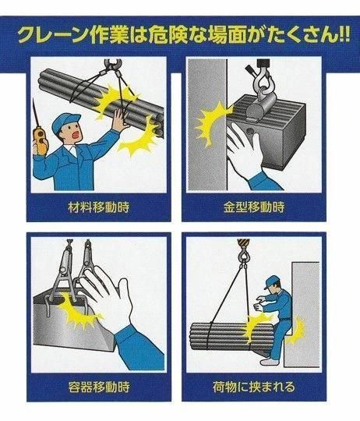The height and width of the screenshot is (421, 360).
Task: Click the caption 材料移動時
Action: click(x=99, y=207)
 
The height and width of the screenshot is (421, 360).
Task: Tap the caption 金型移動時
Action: click(x=254, y=207)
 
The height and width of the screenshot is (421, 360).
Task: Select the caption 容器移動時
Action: click(x=99, y=387)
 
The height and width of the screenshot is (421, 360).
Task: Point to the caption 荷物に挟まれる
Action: click(x=254, y=387)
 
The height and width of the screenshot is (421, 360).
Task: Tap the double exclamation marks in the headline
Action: click(x=343, y=34)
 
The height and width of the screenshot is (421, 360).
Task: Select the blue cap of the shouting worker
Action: click(x=65, y=122)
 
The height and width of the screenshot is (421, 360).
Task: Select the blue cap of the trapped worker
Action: click(x=271, y=282)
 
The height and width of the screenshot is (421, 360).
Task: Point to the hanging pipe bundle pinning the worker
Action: click(x=231, y=335)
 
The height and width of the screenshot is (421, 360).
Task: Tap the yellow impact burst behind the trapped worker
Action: click(x=296, y=331)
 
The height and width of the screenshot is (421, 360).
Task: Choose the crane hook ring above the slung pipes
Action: click(x=113, y=65)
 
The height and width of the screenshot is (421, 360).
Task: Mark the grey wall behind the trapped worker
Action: click(x=305, y=314)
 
